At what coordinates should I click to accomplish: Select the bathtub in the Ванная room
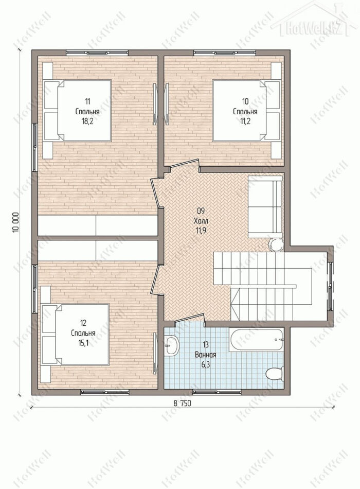tap(257, 339)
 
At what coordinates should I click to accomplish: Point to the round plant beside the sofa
tap(276, 245)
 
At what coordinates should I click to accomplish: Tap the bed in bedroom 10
tap(246, 110)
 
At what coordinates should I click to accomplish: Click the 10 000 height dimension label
tap(16, 222)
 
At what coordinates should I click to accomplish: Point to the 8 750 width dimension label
tap(183, 403)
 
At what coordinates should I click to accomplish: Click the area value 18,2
tap(87, 121)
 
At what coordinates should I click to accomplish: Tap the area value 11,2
tap(245, 121)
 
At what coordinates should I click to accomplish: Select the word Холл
tap(201, 221)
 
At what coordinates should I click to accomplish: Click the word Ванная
tap(206, 355)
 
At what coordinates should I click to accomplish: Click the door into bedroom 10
tap(184, 165)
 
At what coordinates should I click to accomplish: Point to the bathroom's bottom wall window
tap(217, 392)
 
